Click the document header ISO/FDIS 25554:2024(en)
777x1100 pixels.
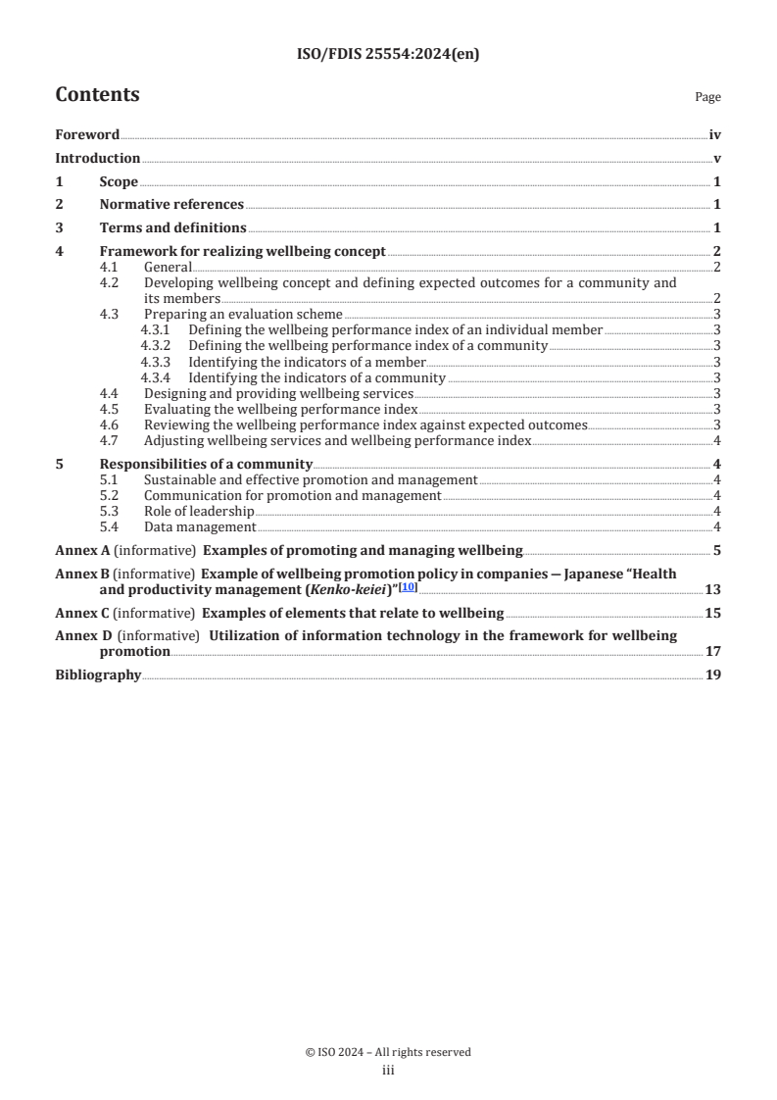point(388,55)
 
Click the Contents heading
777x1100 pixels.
point(97,95)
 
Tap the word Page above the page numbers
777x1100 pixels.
point(707,97)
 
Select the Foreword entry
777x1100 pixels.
point(87,135)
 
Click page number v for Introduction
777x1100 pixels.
point(717,158)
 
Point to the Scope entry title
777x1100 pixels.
point(119,181)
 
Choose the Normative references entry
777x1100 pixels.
point(171,204)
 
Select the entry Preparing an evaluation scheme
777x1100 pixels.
point(243,315)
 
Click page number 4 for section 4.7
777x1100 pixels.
point(717,441)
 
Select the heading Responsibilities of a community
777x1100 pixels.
point(206,464)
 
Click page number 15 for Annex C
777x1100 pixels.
point(713,613)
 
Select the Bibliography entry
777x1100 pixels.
point(98,675)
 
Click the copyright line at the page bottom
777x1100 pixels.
point(388,1052)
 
